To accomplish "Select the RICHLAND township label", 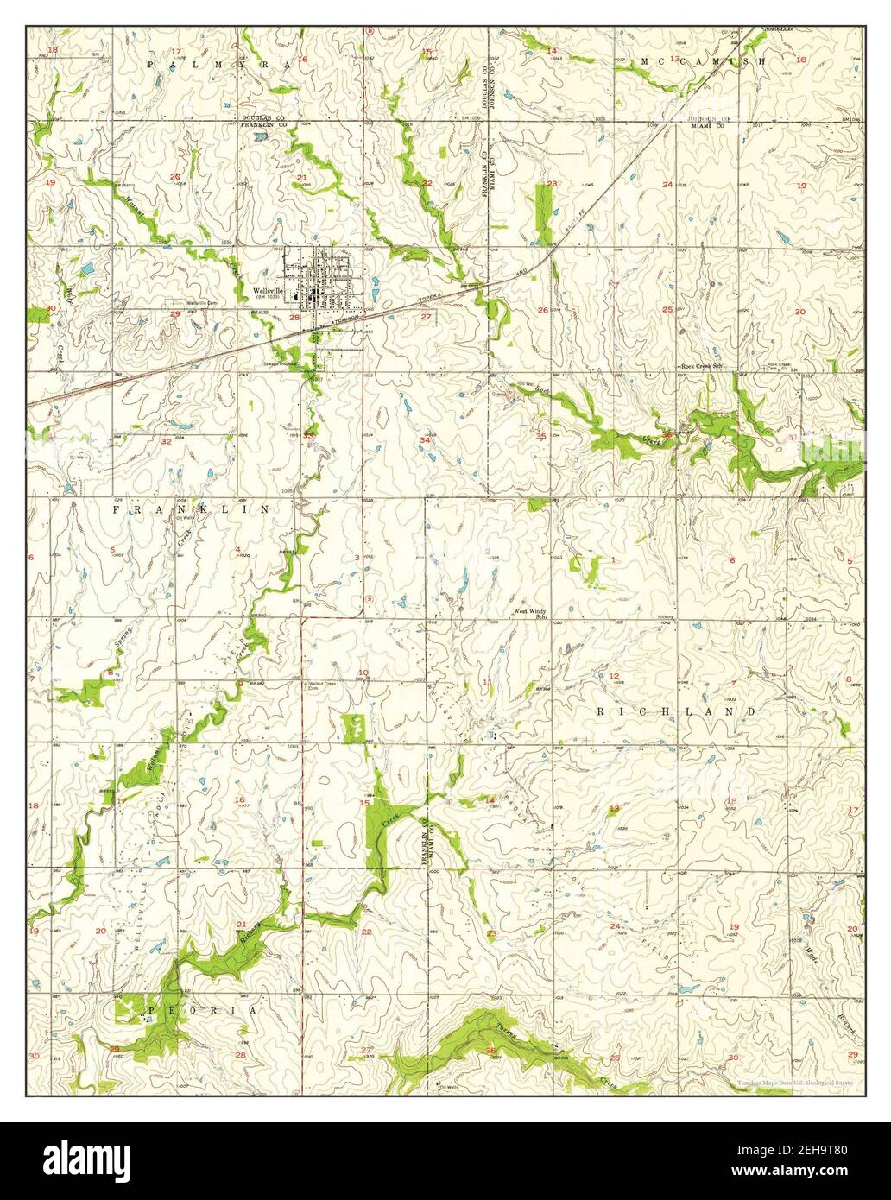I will (676, 711).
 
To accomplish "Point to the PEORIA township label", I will (203, 1009).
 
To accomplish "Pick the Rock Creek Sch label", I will (701, 366).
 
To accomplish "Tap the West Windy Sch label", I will (532, 613).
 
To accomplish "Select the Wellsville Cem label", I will (193, 303).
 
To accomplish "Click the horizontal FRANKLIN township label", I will (191, 510).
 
